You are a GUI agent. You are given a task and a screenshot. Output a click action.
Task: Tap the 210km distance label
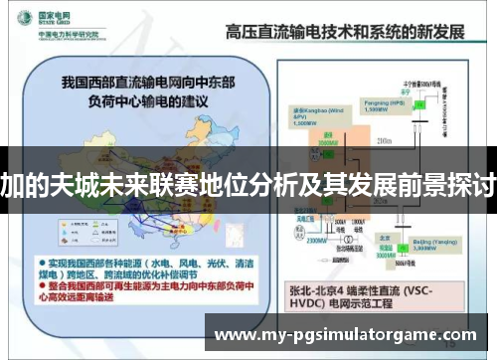coord(383,141)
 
